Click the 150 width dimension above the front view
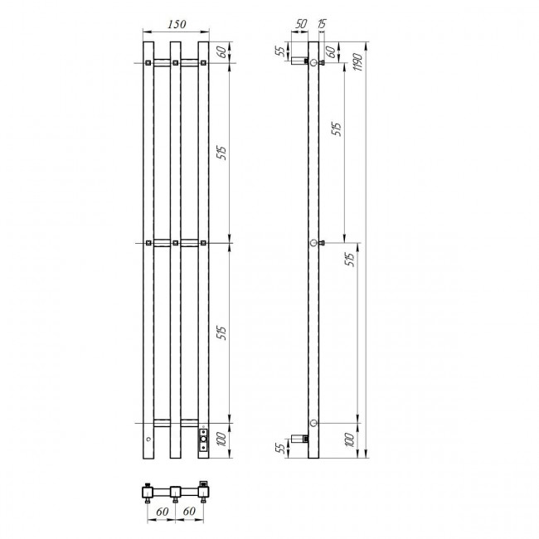[175, 25]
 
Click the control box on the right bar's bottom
[202, 440]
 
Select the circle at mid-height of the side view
[313, 243]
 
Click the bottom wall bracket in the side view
[303, 437]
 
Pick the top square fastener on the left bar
[148, 63]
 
